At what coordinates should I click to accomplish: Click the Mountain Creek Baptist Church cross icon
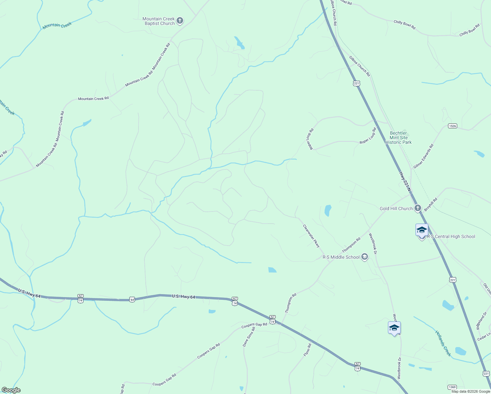(180, 21)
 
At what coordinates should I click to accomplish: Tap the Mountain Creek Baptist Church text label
(159, 21)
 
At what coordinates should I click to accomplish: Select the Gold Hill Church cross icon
(417, 208)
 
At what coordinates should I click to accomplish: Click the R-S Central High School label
(451, 236)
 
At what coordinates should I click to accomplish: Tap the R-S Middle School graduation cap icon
(364, 257)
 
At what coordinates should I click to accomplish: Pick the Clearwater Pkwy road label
(311, 236)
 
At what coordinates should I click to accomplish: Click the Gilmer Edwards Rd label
(423, 156)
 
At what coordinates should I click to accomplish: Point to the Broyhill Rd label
(431, 204)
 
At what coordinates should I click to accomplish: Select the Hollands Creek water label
(443, 343)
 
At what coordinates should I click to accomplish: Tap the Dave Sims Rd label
(249, 337)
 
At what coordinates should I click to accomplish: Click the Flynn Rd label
(307, 350)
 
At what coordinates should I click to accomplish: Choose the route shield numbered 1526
(452, 126)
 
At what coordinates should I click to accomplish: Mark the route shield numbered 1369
(452, 387)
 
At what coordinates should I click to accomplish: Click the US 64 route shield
(132, 299)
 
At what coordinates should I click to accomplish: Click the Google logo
(11, 390)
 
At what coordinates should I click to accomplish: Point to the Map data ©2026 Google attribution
(470, 391)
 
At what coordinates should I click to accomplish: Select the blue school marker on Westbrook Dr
(394, 328)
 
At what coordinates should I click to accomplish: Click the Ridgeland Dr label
(481, 321)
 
